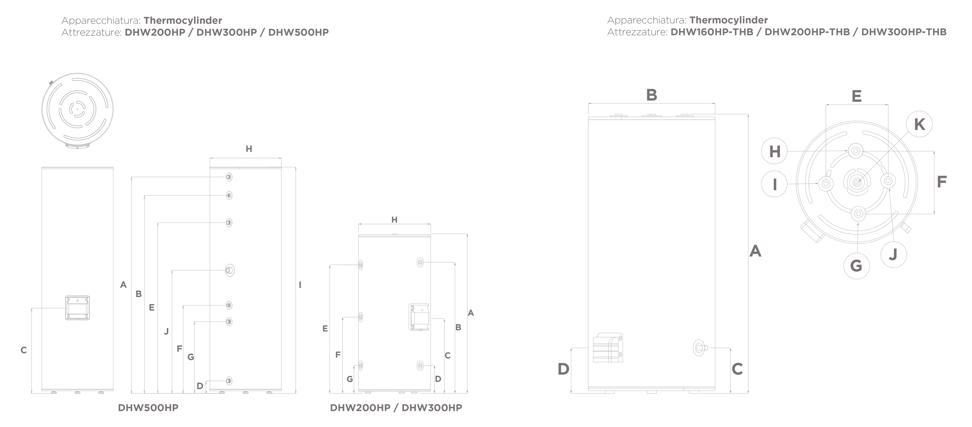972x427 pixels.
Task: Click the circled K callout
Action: pos(919,124)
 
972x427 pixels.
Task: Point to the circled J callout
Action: pos(894,255)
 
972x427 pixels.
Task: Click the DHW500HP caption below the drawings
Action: pos(148,408)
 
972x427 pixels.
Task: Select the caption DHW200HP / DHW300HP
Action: pos(396,408)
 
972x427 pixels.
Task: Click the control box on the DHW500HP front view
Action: pos(77,308)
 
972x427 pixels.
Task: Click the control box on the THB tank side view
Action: pos(608,347)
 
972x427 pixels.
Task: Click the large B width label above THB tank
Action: pos(652,95)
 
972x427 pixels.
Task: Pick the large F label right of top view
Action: pos(942,182)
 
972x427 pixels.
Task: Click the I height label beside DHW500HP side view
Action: pos(300,285)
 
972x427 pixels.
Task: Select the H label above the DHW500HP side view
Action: pos(249,149)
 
